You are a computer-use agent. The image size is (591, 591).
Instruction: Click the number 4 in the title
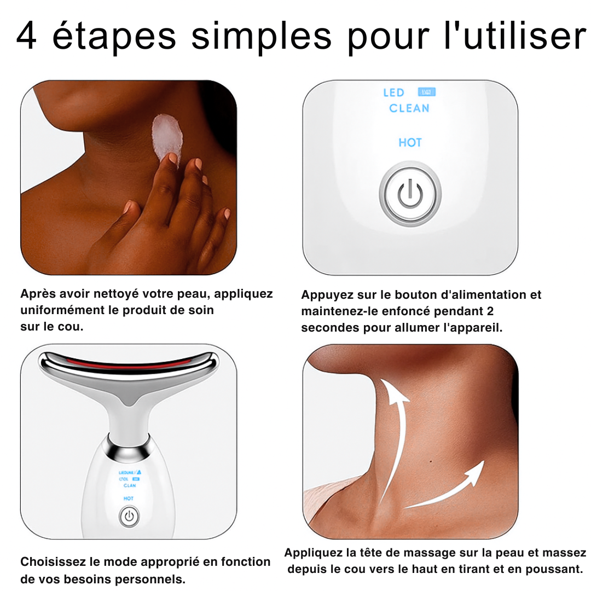(x=27, y=36)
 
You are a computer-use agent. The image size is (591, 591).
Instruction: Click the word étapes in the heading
(x=114, y=36)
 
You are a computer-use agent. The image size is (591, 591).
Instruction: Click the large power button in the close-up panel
(x=410, y=195)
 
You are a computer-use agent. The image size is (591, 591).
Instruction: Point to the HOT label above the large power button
(x=410, y=143)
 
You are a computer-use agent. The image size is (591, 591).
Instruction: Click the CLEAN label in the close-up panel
(x=409, y=108)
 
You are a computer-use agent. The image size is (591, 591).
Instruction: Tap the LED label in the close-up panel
(x=393, y=93)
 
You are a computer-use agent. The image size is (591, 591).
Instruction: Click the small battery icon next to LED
(x=426, y=92)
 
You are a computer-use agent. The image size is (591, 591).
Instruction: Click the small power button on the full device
(x=129, y=515)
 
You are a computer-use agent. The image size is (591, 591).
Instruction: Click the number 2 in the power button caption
(x=490, y=311)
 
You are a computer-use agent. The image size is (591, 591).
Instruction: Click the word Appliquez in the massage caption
(x=310, y=553)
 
